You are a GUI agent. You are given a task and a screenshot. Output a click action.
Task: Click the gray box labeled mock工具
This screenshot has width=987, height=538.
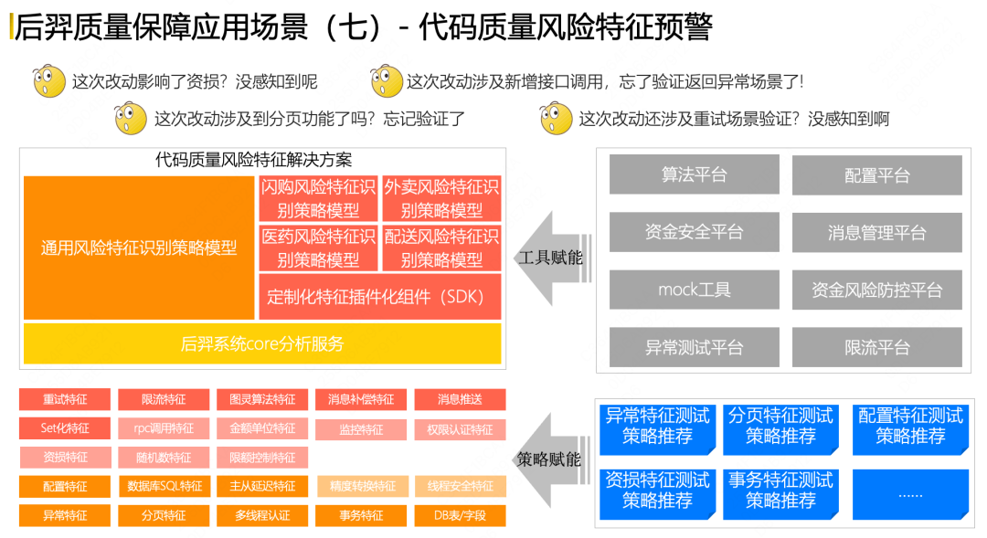click(694, 290)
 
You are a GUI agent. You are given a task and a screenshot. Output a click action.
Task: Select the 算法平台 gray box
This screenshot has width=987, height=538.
click(694, 174)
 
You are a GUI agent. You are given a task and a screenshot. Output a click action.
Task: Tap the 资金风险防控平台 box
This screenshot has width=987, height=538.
click(876, 290)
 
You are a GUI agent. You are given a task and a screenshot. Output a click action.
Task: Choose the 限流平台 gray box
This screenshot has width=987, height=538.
click(876, 347)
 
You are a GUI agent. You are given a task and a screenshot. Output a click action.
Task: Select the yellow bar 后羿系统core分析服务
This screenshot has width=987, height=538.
click(262, 343)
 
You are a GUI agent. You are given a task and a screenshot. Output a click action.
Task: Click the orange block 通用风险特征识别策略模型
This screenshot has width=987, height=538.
click(139, 248)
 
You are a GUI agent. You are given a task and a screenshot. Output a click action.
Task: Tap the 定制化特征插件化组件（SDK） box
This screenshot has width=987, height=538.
click(379, 297)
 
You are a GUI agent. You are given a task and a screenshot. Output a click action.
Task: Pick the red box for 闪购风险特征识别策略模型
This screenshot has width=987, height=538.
click(317, 198)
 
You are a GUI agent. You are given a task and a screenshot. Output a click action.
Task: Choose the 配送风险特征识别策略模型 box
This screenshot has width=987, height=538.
click(441, 248)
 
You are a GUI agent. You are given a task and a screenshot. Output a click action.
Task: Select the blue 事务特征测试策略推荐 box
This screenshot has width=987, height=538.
click(780, 491)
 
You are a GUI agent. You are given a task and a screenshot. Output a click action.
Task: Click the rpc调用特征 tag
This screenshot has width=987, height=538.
click(164, 428)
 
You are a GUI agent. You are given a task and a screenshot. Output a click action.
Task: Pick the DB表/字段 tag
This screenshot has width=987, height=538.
click(460, 515)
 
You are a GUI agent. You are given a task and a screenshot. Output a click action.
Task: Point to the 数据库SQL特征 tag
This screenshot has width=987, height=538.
click(164, 486)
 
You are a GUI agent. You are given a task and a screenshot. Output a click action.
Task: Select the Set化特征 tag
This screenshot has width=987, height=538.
click(65, 428)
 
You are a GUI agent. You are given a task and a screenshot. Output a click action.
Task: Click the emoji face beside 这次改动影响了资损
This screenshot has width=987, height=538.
click(49, 81)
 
